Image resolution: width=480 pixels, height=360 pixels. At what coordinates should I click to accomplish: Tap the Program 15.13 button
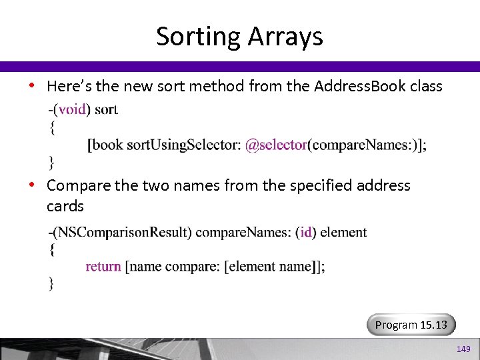point(411,325)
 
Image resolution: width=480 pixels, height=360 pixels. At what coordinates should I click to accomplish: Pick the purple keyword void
point(72,109)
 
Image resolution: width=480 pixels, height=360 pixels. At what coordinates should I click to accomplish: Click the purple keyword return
point(103,266)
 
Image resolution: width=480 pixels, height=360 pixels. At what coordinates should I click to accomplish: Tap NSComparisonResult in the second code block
point(123,232)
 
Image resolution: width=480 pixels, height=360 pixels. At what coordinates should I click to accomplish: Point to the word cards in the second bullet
point(65,206)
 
